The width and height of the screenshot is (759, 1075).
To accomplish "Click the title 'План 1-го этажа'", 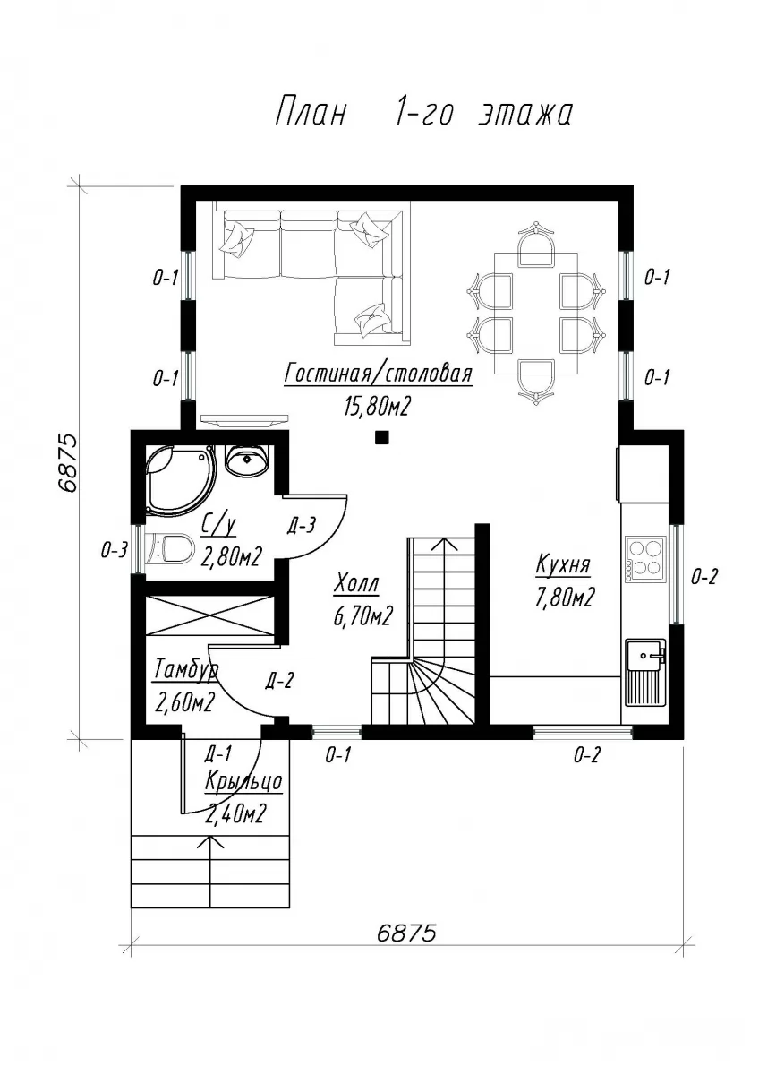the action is [x=424, y=113].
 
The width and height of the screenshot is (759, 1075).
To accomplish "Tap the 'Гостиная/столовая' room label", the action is [x=379, y=373].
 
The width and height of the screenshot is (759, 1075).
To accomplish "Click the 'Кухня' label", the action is [x=563, y=564].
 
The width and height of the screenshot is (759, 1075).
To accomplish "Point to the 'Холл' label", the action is [x=356, y=584].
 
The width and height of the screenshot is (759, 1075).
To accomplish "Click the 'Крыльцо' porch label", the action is [x=243, y=782].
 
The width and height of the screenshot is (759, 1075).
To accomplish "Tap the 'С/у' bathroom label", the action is [x=218, y=527].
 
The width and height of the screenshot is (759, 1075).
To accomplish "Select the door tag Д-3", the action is [x=302, y=527].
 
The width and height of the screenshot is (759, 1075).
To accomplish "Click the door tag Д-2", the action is [x=279, y=681].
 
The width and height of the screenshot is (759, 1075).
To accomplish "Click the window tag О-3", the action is [x=114, y=550].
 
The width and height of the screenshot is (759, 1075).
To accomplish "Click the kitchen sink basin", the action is [x=644, y=656].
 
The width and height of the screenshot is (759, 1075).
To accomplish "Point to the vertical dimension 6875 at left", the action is [x=66, y=463].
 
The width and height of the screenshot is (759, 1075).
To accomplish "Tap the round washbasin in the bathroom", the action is [x=247, y=459].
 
